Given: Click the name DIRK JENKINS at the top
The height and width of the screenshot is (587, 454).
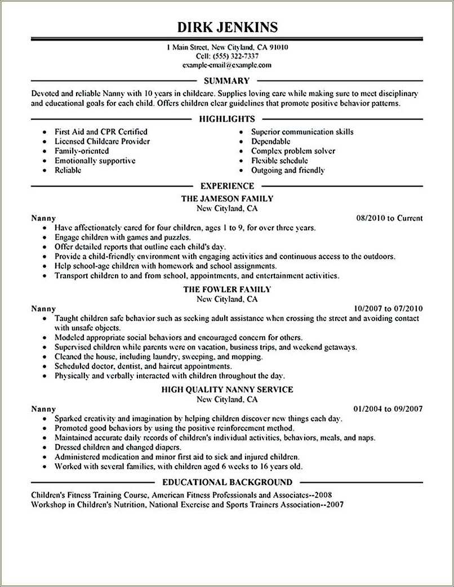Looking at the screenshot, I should coord(227,27).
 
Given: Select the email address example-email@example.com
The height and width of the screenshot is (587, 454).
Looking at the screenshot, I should coord(227,65).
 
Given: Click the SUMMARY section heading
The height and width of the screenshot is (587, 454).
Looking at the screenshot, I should coord(226,81).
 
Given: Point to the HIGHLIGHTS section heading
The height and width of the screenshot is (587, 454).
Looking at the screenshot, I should coord(227,119).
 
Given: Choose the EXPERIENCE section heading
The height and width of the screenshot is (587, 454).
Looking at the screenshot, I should coord(227,185).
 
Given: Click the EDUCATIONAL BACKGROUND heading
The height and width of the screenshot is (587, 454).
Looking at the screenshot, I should coord(227,482).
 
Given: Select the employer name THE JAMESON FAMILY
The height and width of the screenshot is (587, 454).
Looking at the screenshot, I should coord(227,198).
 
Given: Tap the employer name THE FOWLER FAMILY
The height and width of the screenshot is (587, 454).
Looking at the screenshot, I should coord(227,289).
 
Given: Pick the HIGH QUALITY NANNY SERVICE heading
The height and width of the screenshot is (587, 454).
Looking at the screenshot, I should coord(227,389).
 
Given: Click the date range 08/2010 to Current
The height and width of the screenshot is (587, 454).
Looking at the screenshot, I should coord(390,218).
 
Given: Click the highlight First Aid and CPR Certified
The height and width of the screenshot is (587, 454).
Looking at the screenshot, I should coord(101,132).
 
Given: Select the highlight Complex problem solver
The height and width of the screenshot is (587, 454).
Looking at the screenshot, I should coord(293,151).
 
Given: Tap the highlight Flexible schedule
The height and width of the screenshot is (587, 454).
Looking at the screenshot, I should coord(280,161).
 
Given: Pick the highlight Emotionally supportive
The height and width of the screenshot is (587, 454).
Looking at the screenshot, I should coord(95,161).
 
